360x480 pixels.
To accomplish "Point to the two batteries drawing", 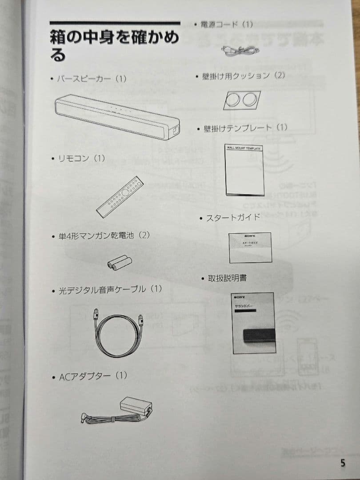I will tap(120, 263).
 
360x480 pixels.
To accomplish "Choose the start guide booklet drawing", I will tap(250, 248).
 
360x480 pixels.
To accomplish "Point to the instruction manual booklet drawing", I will tap(253, 323).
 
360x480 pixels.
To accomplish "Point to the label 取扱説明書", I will tap(227, 279).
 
